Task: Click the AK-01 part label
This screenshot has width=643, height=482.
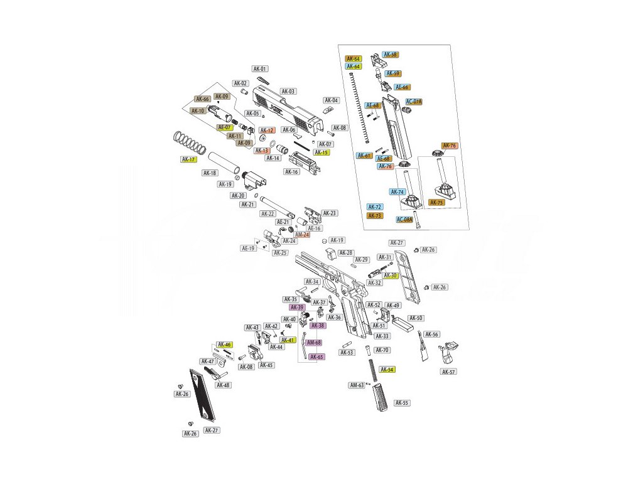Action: [x=260, y=69]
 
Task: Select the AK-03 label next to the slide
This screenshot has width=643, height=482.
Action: [x=288, y=91]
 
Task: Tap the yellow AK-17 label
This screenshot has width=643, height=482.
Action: [x=189, y=159]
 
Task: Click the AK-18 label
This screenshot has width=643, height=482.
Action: [x=210, y=173]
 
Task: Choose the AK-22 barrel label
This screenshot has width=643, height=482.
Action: [x=268, y=213]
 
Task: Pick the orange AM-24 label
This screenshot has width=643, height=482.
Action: [x=303, y=235]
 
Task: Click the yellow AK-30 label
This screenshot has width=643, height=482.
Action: [x=391, y=276]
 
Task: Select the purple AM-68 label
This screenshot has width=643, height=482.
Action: [x=314, y=343]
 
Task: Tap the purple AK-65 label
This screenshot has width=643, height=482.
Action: [x=316, y=356]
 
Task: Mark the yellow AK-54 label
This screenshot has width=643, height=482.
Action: [x=387, y=370]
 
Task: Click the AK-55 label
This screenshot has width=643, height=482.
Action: [x=401, y=403]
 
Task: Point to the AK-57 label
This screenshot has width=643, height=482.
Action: [x=448, y=372]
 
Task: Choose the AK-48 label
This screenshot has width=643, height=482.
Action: [x=223, y=385]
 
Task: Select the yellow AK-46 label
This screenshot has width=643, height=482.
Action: [x=224, y=345]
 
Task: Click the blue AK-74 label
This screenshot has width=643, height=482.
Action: [x=397, y=192]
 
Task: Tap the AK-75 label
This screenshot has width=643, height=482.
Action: [x=436, y=203]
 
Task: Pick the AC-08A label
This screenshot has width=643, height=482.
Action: [x=405, y=220]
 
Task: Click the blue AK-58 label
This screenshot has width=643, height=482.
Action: [x=390, y=55]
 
